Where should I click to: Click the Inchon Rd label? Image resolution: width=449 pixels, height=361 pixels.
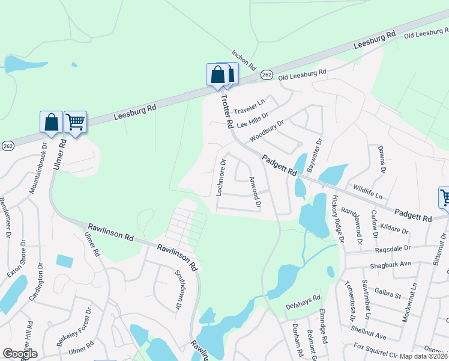tap(244, 58)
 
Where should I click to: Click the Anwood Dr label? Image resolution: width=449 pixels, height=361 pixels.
tap(255, 192)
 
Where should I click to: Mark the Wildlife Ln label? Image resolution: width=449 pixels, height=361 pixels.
tap(367, 193)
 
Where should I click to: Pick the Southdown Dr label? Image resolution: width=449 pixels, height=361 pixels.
tap(179, 291)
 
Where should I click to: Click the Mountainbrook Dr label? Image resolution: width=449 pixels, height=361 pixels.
tap(37, 168)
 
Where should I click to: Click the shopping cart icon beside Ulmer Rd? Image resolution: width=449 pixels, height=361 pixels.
tap(75, 122)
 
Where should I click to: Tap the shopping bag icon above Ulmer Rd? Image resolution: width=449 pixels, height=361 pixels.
tap(52, 122)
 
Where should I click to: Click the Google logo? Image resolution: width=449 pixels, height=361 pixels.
tap(20, 354)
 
